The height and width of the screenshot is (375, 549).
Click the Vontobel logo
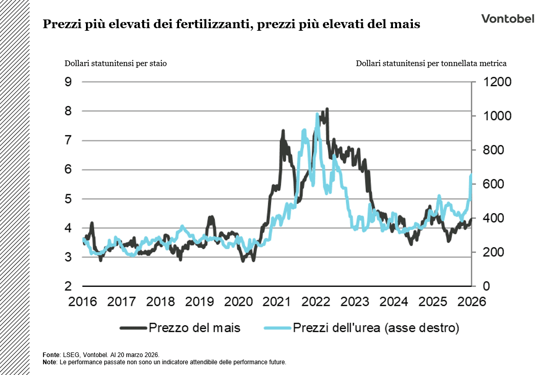pos(507,18)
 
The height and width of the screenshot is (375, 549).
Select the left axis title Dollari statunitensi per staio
pos(115,64)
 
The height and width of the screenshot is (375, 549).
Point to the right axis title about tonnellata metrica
pos(431,64)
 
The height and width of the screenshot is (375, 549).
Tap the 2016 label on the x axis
pos(83,301)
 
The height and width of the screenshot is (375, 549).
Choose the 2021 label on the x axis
pos(277,301)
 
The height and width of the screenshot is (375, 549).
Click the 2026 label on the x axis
pos(471,301)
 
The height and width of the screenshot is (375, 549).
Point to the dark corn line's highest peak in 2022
pos(327,109)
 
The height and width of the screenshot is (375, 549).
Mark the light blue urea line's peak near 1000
pos(317,114)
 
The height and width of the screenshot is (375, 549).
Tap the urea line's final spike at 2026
pos(470,176)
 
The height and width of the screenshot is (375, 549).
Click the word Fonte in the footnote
pos(52,355)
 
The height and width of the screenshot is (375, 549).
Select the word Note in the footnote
pos(50,362)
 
